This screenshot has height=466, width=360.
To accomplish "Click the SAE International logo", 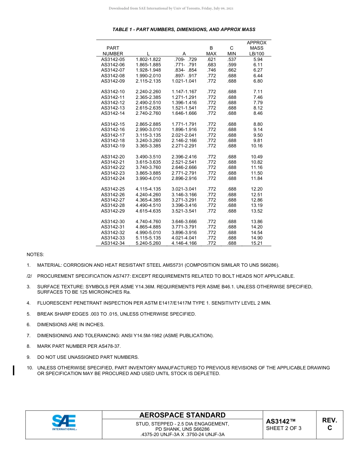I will (x=64, y=422).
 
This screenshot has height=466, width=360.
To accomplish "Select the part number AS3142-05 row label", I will (x=113, y=59).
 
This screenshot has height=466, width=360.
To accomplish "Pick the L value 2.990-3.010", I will (x=148, y=130).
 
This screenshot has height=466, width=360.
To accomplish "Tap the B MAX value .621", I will (x=211, y=59).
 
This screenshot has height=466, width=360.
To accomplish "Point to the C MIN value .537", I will (x=232, y=59).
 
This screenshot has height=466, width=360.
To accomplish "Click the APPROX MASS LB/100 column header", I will (x=257, y=48).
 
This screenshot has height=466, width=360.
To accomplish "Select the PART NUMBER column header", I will (x=113, y=51).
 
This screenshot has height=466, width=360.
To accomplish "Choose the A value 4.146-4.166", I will (x=184, y=243).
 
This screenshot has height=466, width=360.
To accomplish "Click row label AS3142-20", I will (x=113, y=157).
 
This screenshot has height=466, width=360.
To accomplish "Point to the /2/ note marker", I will (x=30, y=276).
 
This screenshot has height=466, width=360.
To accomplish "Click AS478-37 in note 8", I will (x=110, y=346).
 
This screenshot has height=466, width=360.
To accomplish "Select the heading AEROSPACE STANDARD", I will (x=182, y=415).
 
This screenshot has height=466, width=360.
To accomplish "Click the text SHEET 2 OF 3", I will (x=284, y=428).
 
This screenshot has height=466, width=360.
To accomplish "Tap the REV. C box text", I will (x=329, y=424).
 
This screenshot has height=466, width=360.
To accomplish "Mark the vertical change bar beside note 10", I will (x=14, y=370).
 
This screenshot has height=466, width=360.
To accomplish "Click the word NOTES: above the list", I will (x=35, y=254).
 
